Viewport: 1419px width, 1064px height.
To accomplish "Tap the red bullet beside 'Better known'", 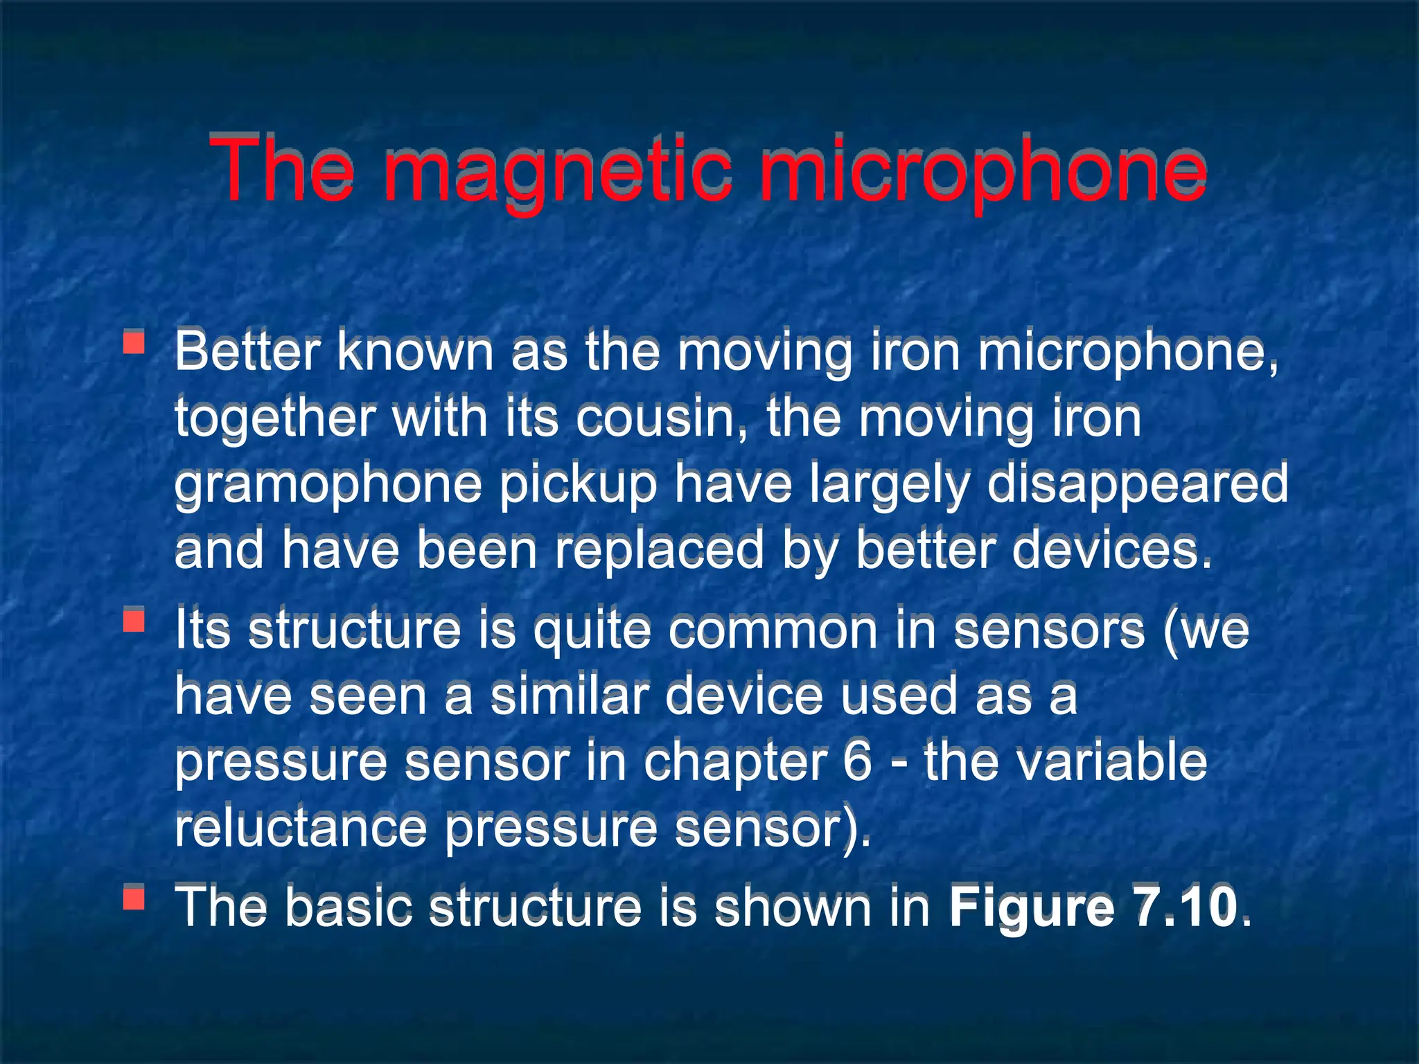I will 134,344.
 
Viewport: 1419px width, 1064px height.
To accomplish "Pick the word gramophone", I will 328,484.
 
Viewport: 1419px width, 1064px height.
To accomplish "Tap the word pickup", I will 578,484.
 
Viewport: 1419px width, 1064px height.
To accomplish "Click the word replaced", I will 659,550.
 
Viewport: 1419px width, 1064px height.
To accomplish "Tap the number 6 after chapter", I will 858,762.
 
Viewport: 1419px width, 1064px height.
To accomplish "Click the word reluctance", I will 300,828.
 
